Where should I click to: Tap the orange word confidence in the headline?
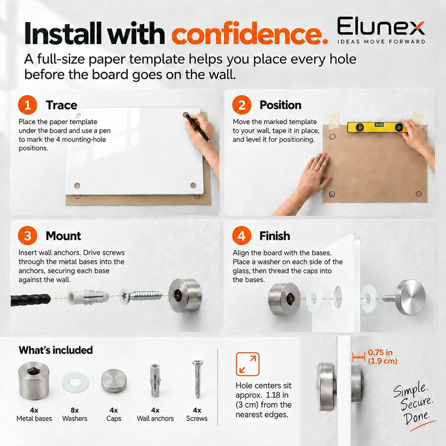coord(250,33)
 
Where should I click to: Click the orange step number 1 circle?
coord(28,105)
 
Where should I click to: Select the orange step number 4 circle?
coord(242,236)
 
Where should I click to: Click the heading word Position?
coord(280,105)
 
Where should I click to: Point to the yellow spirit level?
coord(377,127)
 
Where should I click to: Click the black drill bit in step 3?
coord(30,300)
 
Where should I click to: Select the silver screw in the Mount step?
coord(141,296)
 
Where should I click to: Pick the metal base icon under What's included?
coord(34,381)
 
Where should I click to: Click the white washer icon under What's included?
coord(75,382)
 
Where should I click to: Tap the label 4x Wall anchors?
coord(155,414)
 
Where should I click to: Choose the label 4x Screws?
coord(197,414)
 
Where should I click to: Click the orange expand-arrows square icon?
coord(248,364)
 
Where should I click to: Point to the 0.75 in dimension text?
coord(380,352)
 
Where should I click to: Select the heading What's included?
coord(55,350)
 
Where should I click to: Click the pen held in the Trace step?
coord(198,128)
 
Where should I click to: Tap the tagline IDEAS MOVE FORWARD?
coord(381,42)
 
